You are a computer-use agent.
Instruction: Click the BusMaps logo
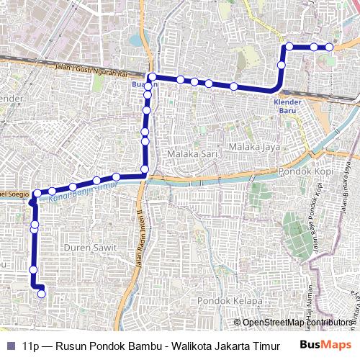(x=326, y=345)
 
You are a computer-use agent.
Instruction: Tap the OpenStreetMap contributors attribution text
(x=298, y=323)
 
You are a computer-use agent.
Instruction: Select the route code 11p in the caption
(x=30, y=345)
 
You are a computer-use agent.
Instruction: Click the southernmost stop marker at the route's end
(x=41, y=293)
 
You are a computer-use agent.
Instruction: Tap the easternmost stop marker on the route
(x=330, y=47)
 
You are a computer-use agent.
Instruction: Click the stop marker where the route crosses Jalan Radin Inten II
(x=145, y=170)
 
